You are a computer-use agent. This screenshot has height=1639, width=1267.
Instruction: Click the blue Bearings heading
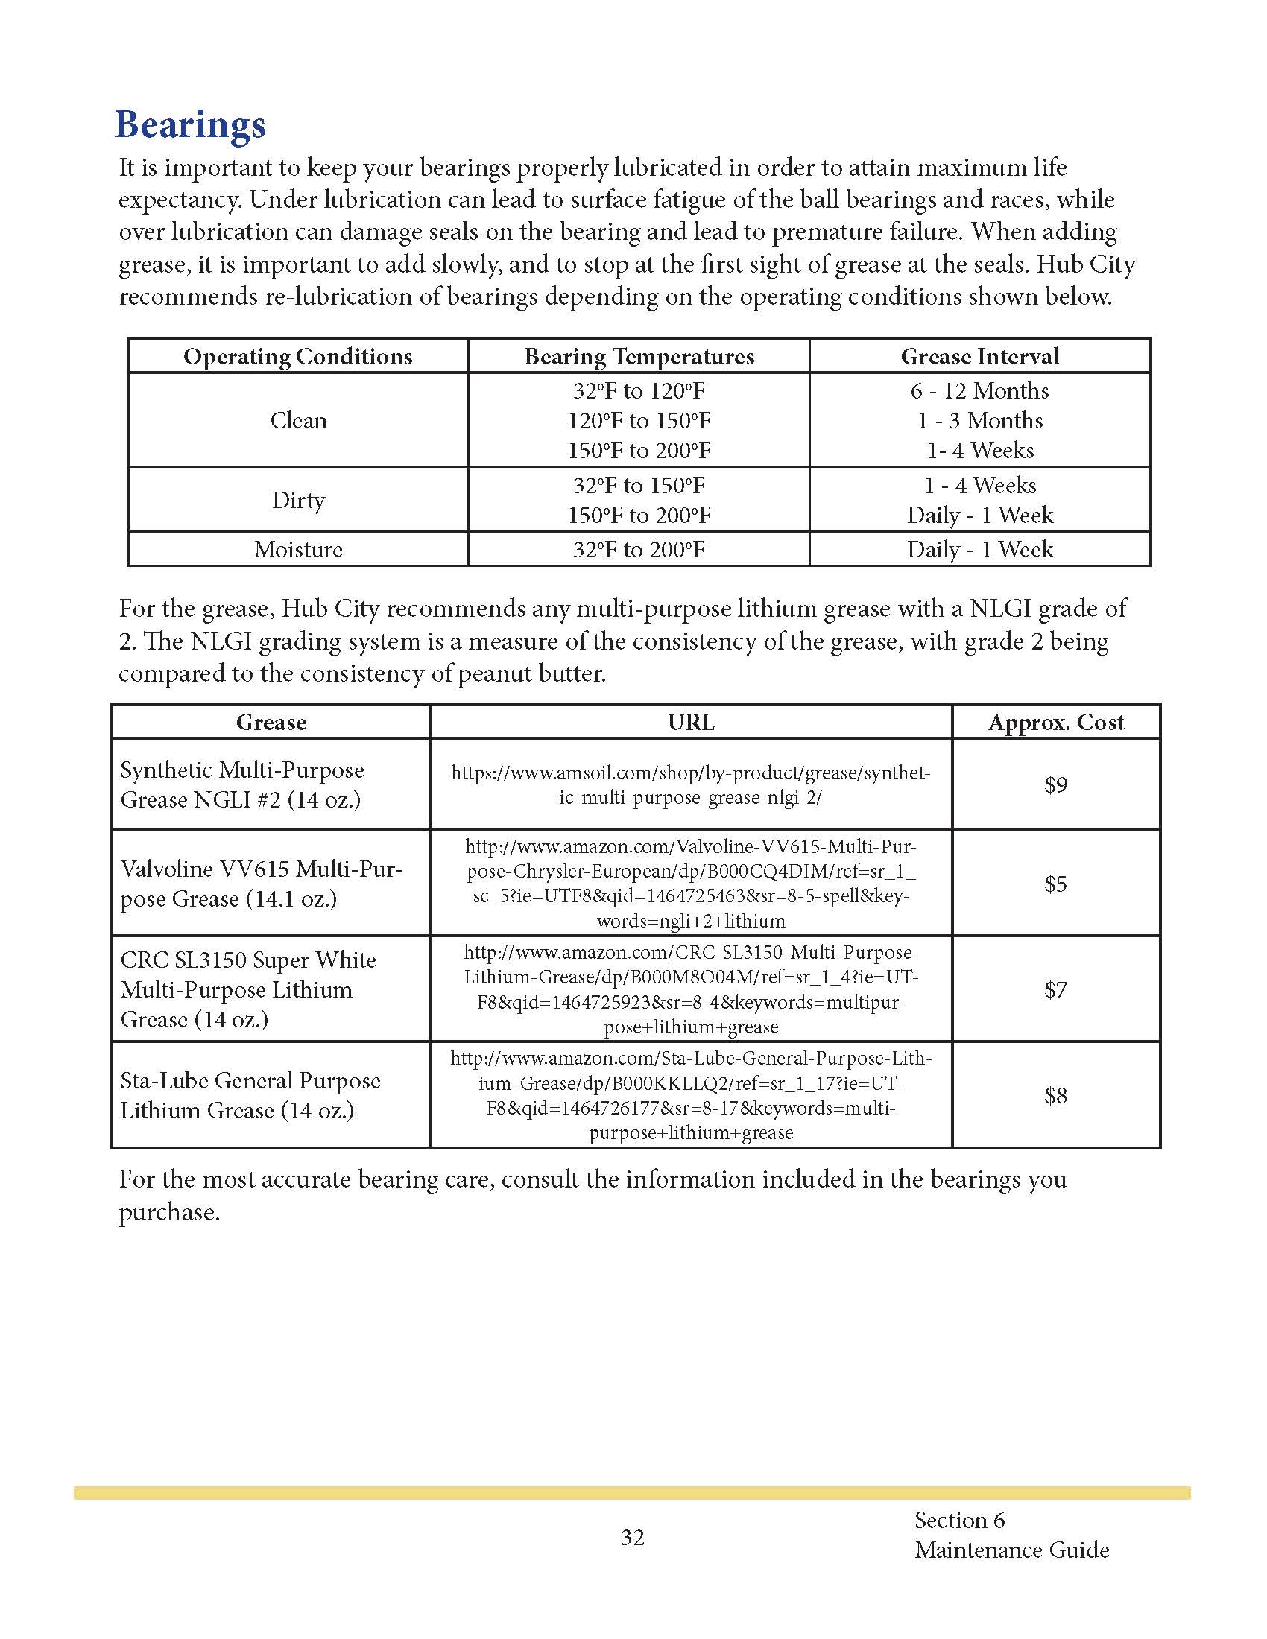[190, 124]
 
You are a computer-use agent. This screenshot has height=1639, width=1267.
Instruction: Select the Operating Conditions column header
[298, 356]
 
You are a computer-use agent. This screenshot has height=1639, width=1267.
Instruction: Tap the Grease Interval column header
[979, 356]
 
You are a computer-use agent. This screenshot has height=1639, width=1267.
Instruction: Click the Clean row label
[298, 420]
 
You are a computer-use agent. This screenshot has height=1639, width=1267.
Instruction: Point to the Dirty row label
[298, 500]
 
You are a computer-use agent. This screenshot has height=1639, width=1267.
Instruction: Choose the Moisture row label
[298, 549]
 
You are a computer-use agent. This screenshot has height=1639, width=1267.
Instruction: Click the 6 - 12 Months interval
[979, 391]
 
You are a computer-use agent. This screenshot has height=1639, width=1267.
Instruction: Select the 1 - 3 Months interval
[979, 420]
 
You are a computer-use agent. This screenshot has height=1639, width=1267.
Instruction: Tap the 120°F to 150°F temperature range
[639, 420]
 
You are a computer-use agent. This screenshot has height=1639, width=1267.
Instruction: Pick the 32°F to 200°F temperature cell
[639, 549]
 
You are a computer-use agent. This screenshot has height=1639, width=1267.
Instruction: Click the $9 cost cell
[1055, 785]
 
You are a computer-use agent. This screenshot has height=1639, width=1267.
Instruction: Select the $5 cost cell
[1055, 884]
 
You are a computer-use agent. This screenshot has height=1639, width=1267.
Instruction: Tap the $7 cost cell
[1055, 989]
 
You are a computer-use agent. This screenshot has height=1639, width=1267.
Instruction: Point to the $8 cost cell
[1055, 1096]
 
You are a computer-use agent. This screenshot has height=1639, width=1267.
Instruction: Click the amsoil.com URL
[691, 785]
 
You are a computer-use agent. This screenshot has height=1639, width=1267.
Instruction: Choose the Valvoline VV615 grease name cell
[262, 884]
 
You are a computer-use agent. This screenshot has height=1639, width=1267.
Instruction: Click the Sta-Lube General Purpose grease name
[250, 1096]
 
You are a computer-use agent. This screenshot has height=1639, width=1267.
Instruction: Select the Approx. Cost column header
[1055, 723]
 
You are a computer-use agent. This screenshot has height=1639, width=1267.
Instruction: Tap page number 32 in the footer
[633, 1538]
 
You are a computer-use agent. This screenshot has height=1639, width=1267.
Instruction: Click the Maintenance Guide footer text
[1011, 1550]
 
